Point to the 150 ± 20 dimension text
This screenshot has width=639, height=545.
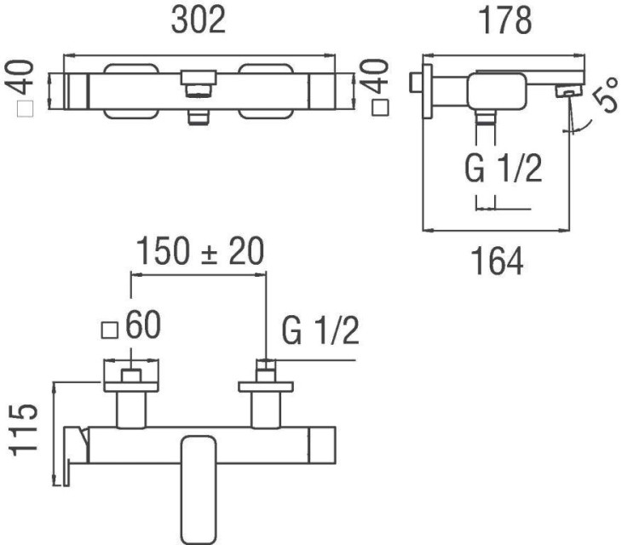click(x=198, y=252)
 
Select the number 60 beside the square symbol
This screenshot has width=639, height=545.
click(x=142, y=329)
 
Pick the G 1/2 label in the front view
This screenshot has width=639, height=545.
click(x=319, y=332)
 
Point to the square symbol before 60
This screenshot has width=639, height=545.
click(x=109, y=329)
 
